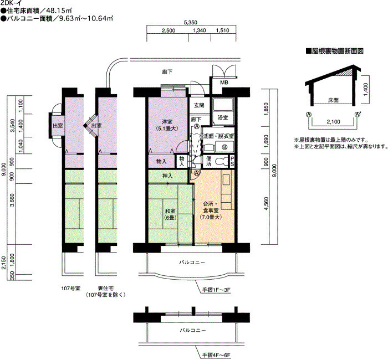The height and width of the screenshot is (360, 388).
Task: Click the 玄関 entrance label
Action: click(198, 105)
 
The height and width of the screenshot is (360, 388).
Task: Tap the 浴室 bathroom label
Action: click(223, 117)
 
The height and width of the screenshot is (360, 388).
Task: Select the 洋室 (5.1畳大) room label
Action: click(167, 125)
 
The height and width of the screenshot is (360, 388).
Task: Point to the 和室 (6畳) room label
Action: click(170, 214)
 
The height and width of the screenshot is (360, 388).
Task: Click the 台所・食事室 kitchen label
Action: click(211, 210)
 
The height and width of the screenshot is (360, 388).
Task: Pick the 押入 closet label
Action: click(167, 176)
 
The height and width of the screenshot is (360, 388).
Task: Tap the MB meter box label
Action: click(224, 83)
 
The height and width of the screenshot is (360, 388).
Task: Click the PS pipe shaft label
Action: click(232, 161)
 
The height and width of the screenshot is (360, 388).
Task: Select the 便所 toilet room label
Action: click(208, 161)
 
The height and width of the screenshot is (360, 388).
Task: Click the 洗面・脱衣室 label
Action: click(218, 136)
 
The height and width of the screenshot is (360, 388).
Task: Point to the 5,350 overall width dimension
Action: click(190, 23)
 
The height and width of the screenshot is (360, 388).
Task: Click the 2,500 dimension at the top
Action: click(169, 30)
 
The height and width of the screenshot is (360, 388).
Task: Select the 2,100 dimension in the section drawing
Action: click(333, 122)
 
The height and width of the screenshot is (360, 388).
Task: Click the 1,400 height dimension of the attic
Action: click(366, 88)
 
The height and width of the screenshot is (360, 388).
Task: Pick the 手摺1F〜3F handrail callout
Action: click(217, 290)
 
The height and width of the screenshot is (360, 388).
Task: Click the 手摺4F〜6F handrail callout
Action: click(217, 356)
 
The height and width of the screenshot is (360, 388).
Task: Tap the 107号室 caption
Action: click(71, 288)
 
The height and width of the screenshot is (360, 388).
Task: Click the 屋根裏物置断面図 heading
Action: click(335, 51)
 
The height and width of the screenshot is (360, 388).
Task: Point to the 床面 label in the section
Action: click(333, 100)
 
